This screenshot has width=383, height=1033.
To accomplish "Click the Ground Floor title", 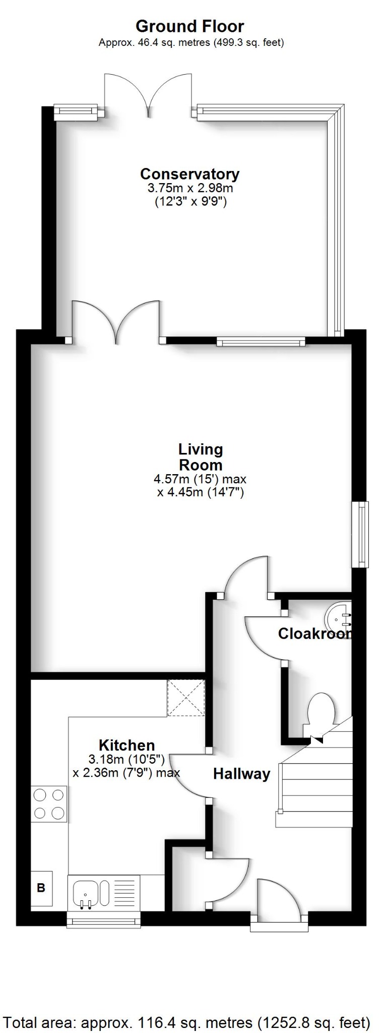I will pyautogui.click(x=190, y=26).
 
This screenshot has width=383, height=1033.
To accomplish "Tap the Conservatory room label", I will pyautogui.click(x=189, y=174).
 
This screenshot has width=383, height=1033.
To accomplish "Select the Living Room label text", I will pyautogui.click(x=201, y=456).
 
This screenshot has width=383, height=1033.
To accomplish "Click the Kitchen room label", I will pyautogui.click(x=126, y=745).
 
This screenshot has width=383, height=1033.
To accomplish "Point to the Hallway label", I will pyautogui.click(x=241, y=774).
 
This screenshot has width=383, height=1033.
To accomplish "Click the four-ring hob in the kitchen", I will pyautogui.click(x=49, y=804).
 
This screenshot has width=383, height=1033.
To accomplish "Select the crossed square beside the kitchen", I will pyautogui.click(x=186, y=698).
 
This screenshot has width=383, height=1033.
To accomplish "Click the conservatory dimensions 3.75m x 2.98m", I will pyautogui.click(x=190, y=189).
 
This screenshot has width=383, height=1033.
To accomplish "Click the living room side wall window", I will pyautogui.click(x=360, y=534).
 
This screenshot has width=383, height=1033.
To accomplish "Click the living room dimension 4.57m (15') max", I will pyautogui.click(x=200, y=479).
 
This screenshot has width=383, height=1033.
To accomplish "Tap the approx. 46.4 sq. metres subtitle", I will pyautogui.click(x=191, y=43).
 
